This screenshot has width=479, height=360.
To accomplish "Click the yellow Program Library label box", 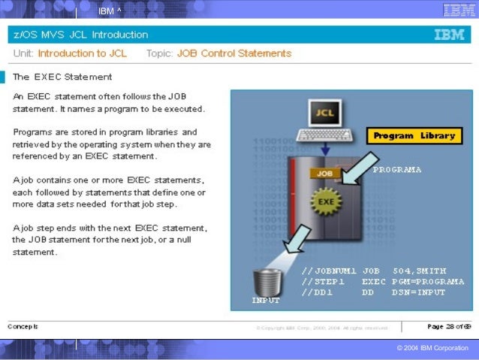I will coord(414,136).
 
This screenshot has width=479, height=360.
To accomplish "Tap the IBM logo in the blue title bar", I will coord(449,35).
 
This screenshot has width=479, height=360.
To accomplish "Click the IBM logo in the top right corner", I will coord(458,10).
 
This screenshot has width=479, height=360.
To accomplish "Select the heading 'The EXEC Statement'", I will coord(62,77).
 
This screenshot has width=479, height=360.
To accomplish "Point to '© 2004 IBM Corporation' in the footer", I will coord(432,348).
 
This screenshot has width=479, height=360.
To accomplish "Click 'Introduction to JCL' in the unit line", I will coord(83,53).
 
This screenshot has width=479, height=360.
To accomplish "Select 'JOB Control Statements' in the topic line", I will coord(233,53).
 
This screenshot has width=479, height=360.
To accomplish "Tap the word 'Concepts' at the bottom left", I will coord(23,326).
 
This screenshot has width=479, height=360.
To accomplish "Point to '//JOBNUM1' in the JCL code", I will coord(327,271).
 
